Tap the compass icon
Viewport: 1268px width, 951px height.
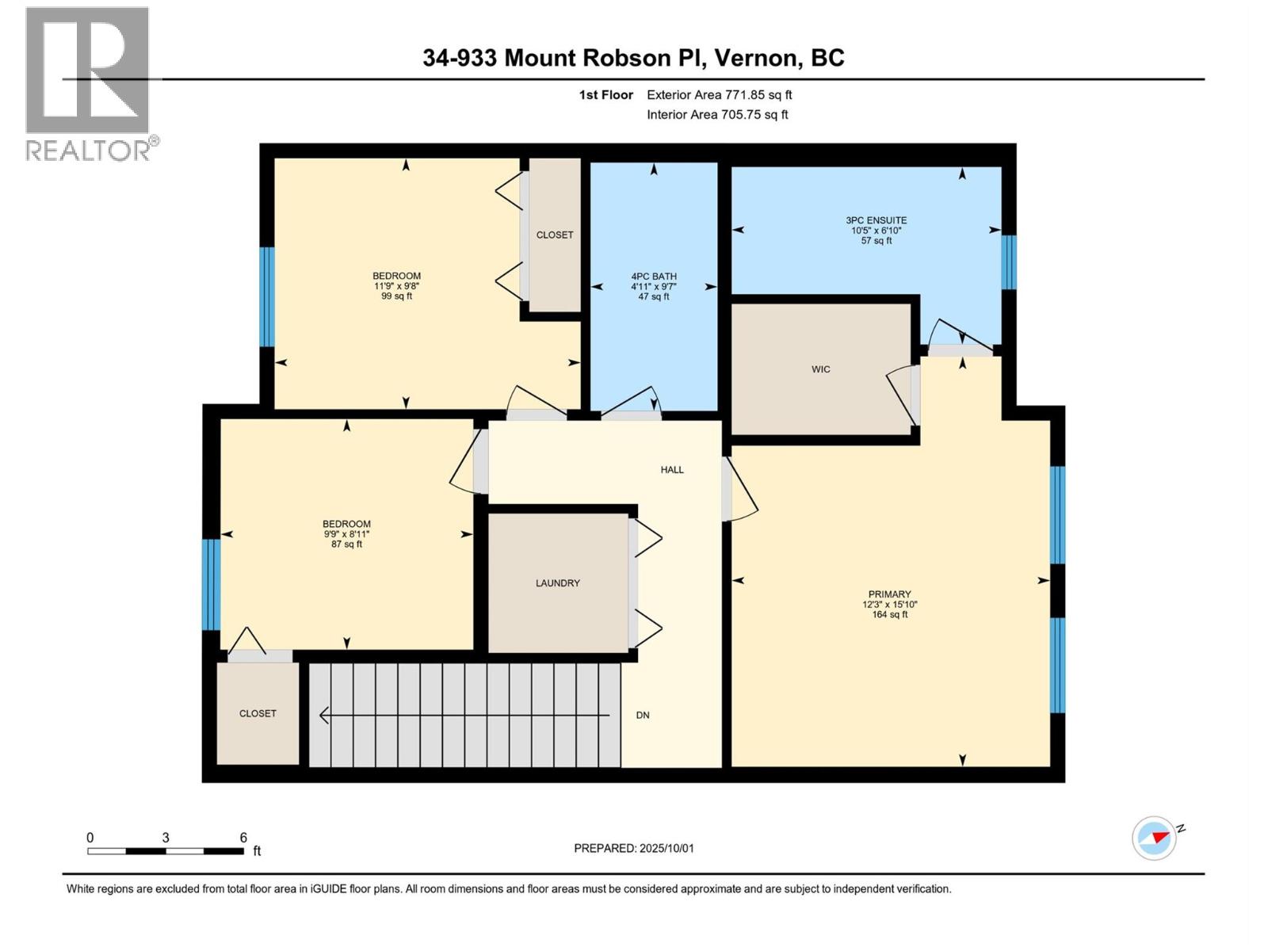click(x=1154, y=838)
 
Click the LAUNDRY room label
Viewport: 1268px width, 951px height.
click(x=557, y=583)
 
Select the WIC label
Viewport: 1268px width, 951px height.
click(x=820, y=369)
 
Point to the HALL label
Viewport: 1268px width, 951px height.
click(x=672, y=470)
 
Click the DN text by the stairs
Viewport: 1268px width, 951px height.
click(x=643, y=716)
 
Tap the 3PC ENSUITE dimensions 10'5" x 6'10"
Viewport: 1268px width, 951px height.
click(x=876, y=231)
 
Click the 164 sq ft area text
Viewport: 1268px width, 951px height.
click(x=889, y=614)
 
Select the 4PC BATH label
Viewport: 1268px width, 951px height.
click(x=654, y=277)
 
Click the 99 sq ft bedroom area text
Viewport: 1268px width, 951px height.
click(x=396, y=296)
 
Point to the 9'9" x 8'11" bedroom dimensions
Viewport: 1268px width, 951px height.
click(x=346, y=534)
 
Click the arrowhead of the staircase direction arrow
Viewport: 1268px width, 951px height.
click(x=323, y=716)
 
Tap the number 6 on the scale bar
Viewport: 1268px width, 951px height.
click(x=243, y=838)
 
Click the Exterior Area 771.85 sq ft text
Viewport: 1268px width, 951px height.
click(x=719, y=95)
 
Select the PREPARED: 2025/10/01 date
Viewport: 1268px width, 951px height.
click(x=634, y=848)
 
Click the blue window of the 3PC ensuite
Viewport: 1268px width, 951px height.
click(x=1008, y=262)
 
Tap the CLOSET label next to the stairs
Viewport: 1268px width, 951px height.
click(x=258, y=714)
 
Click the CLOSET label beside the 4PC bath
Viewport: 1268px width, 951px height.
click(x=554, y=235)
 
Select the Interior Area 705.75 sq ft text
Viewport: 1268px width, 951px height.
click(x=717, y=115)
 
